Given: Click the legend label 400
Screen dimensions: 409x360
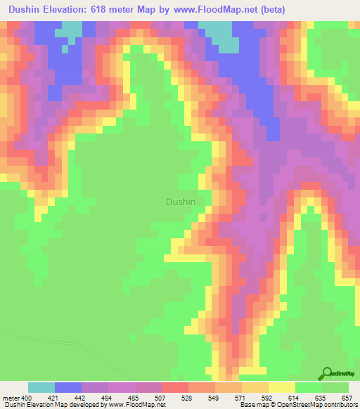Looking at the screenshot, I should tap(27, 398).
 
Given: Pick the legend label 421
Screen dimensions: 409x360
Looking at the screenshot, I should tap(54, 398).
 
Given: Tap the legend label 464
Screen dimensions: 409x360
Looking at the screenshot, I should tap(108, 398).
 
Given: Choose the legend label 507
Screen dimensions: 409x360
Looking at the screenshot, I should tap(161, 398).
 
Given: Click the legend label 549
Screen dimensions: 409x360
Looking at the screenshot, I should tap(214, 398).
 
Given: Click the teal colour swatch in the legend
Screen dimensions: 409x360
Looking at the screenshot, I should tap(41, 387).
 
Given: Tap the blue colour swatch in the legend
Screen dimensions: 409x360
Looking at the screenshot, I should tap(67, 387).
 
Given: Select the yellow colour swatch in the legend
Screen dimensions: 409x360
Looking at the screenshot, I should tap(281, 387).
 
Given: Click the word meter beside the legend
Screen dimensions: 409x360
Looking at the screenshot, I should tap(11, 398).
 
